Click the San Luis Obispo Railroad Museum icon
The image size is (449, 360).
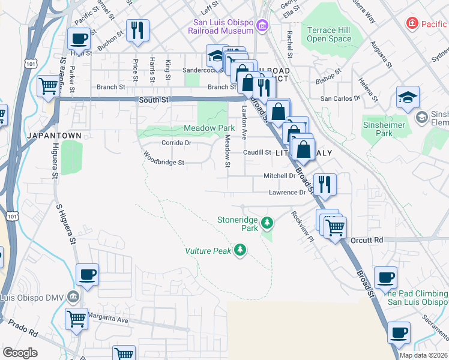pos(262,26)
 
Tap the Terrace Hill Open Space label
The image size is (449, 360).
pos(329,34)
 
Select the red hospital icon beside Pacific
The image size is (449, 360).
pos(412,24)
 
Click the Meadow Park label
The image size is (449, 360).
pos(209,128)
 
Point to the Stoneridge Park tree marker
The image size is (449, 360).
pos(267,224)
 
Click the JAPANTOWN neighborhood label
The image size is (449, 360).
pos(54,136)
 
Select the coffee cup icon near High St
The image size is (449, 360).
pos(78,40)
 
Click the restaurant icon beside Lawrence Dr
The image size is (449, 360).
pos(324,184)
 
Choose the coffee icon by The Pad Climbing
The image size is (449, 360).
pos(385,277)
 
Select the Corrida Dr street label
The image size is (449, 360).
pos(176,143)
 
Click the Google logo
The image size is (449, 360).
pos(20,353)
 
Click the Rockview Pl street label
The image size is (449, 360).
pos(303,226)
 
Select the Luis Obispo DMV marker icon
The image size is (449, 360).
pos(73,296)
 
